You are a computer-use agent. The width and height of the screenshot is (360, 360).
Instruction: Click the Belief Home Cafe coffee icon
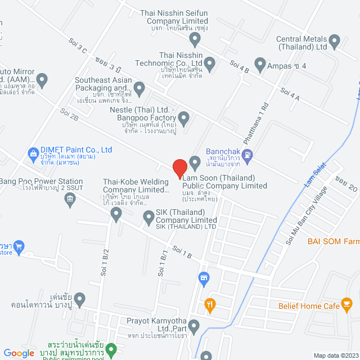coord(347,305)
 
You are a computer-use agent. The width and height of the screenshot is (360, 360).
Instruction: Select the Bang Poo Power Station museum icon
coord(70,197)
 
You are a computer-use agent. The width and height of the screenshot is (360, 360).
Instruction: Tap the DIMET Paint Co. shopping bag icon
coord(33,152)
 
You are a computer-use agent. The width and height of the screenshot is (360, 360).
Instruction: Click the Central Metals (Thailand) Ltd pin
coord(335,40)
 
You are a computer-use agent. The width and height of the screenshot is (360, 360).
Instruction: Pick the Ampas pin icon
coord(260,65)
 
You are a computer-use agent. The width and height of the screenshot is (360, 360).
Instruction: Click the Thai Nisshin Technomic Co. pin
coord(210,64)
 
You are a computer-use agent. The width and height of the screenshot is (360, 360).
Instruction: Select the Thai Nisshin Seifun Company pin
coord(195,39)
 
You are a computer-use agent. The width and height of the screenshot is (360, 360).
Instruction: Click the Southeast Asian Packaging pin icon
coord(139,88)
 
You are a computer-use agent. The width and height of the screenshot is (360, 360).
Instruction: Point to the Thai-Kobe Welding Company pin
coord(116,213)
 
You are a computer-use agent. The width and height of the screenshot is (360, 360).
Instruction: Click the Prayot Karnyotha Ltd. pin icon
coord(194,326)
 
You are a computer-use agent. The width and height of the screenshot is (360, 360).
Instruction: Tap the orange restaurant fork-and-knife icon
coord(210,305)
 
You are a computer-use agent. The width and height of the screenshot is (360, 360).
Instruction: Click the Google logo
coord(19,353)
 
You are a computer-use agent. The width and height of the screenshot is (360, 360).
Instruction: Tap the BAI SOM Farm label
coord(333,241)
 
